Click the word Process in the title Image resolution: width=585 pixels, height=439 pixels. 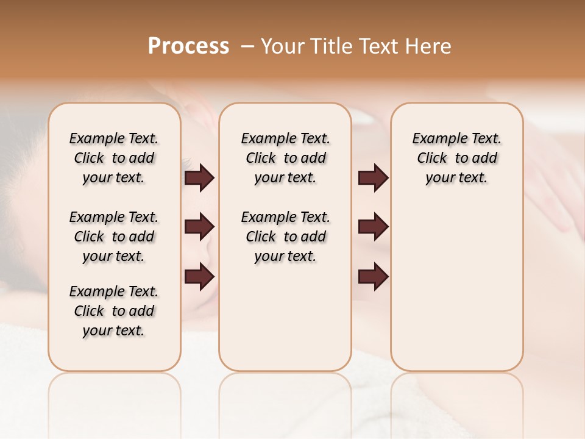[188, 46]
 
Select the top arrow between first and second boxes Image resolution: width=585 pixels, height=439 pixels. [199, 178]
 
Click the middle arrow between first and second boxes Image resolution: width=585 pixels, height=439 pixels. [199, 227]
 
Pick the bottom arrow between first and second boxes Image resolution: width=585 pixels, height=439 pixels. [199, 277]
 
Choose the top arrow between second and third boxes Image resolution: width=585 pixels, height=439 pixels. [373, 178]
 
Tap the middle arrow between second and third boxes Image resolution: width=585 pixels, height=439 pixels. [373, 227]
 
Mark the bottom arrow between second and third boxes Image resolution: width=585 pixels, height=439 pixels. [373, 277]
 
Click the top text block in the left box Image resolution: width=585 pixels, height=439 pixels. [114, 158]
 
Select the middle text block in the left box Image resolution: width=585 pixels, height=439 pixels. [114, 237]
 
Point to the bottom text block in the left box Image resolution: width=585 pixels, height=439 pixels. [114, 311]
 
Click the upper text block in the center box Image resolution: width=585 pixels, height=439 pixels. [285, 158]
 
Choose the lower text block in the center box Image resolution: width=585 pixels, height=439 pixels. [285, 237]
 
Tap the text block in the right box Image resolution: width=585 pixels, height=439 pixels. [456, 158]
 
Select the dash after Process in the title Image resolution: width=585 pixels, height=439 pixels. [246, 46]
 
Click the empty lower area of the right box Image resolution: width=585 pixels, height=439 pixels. [456, 293]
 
